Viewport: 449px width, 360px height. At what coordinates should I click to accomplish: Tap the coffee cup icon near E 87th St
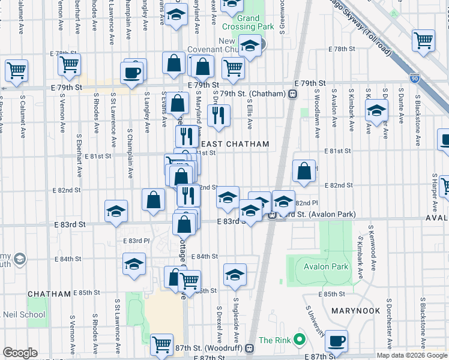click(x=337, y=341)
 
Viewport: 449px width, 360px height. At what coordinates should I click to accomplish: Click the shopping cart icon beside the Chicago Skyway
click(x=423, y=40)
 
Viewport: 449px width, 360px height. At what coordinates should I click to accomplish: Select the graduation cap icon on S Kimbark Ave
click(x=376, y=112)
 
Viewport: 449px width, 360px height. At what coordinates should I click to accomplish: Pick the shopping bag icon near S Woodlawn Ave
click(x=305, y=170)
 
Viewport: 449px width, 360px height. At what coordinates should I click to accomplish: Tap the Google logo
click(x=20, y=353)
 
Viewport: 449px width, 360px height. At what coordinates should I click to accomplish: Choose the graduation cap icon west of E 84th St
click(x=134, y=264)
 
